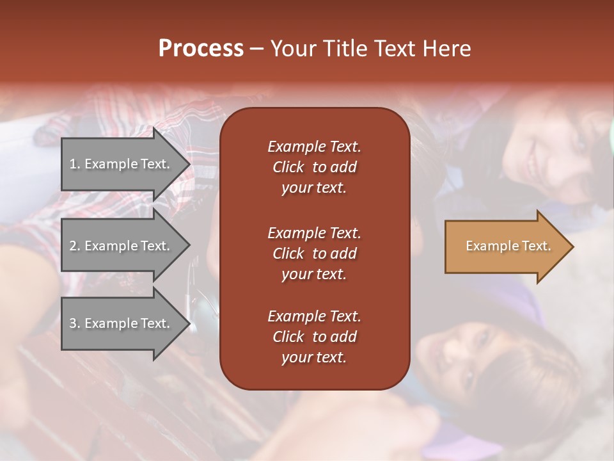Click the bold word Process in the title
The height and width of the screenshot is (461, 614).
201,49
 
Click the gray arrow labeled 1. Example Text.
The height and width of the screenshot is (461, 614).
122,164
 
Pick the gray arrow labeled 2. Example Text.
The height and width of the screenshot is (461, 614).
122,246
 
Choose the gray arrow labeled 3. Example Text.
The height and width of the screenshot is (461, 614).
122,323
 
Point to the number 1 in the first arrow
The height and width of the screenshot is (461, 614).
73,164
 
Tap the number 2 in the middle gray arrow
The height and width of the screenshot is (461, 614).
73,246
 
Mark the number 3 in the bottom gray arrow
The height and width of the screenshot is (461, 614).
73,323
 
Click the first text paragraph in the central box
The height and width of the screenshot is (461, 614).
314,167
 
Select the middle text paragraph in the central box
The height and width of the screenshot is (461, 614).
314,254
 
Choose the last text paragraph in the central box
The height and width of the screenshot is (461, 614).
314,337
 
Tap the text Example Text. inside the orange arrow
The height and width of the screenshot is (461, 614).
508,246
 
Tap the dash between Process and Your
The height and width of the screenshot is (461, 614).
257,49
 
